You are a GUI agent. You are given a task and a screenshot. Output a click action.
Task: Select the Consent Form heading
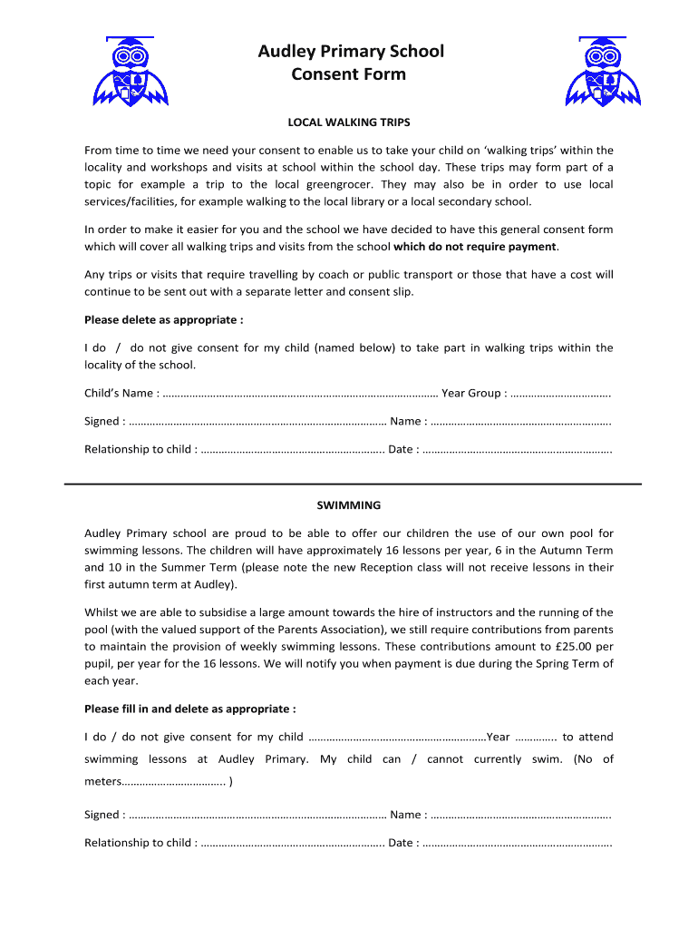click(349, 74)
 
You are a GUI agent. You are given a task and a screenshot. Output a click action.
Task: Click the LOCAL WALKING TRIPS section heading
click(349, 122)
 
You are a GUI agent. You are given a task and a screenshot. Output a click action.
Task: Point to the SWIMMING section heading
click(349, 505)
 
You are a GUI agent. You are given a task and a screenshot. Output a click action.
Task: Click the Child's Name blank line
click(299, 394)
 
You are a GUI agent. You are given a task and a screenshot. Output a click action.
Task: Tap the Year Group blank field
click(559, 394)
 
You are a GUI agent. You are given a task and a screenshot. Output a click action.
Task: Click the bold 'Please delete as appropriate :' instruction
click(163, 319)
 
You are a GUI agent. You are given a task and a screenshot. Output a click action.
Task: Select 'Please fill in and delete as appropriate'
click(189, 709)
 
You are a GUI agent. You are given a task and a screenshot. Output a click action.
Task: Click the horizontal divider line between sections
click(353, 484)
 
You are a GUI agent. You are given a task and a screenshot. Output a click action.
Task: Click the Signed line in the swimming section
click(257, 815)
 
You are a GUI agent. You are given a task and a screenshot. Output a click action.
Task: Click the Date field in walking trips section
click(517, 449)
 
